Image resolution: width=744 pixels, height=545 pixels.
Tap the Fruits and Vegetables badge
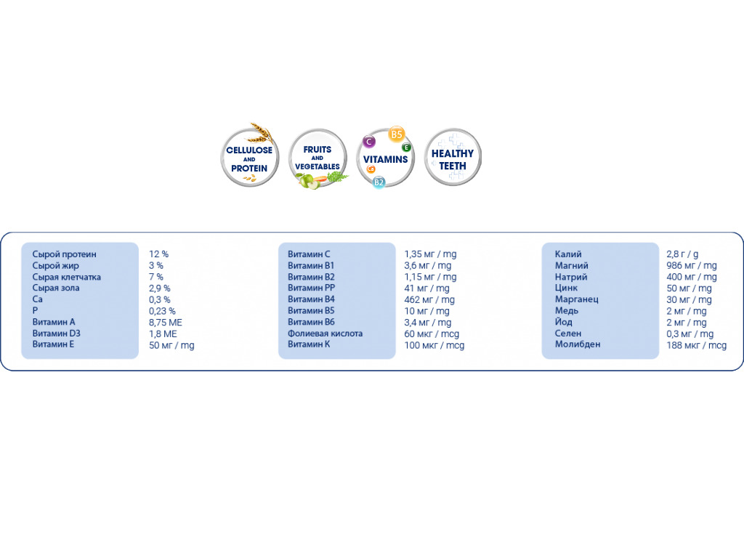[318, 158]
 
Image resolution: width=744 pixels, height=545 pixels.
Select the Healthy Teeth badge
[453, 158]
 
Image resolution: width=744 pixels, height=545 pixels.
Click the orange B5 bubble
[396, 134]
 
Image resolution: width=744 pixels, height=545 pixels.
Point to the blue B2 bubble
[379, 182]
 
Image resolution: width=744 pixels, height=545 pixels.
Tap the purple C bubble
[369, 141]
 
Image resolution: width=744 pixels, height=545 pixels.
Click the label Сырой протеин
[64, 254]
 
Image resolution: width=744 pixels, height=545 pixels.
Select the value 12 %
[158, 254]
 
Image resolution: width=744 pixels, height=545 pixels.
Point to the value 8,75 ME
[166, 322]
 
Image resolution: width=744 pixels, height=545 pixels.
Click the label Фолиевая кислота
[325, 334]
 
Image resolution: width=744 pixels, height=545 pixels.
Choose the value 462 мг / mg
[429, 299]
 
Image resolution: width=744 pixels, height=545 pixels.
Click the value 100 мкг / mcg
[434, 345]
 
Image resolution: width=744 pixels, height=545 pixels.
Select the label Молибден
[578, 344]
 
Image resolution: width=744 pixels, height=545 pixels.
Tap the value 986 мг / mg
[691, 265]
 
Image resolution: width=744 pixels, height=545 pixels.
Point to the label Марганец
[576, 299]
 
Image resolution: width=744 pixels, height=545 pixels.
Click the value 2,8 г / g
[682, 254]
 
